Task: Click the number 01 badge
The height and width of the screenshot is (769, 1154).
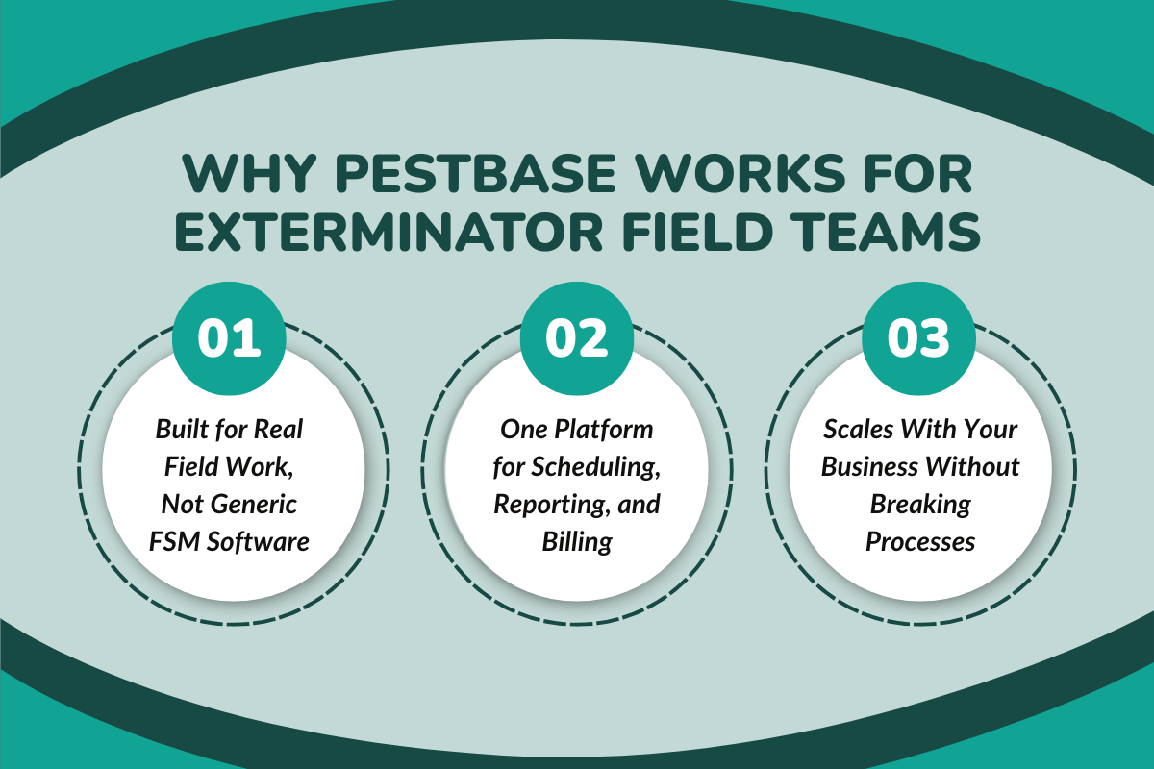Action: click(230, 337)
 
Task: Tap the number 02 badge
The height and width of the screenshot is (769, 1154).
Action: click(577, 337)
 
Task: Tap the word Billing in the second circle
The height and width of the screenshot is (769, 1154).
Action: click(577, 541)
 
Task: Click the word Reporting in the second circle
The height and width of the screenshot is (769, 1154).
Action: click(541, 504)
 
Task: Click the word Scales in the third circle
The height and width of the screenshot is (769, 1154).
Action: click(854, 429)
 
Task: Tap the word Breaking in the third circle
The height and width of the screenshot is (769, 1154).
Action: click(920, 504)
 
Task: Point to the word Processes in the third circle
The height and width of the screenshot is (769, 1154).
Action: click(920, 541)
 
